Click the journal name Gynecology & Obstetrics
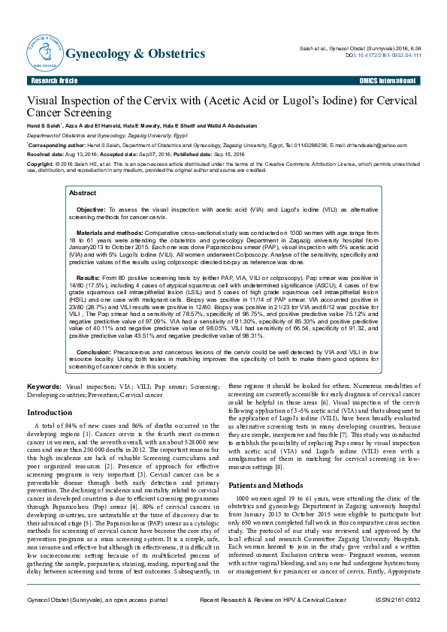(x=135, y=54)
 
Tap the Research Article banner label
(x=53, y=80)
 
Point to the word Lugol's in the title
(x=294, y=101)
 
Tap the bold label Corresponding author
(x=55, y=146)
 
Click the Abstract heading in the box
(x=83, y=193)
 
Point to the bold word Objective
(x=91, y=209)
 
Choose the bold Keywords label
(x=44, y=385)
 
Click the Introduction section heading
(x=50, y=413)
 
